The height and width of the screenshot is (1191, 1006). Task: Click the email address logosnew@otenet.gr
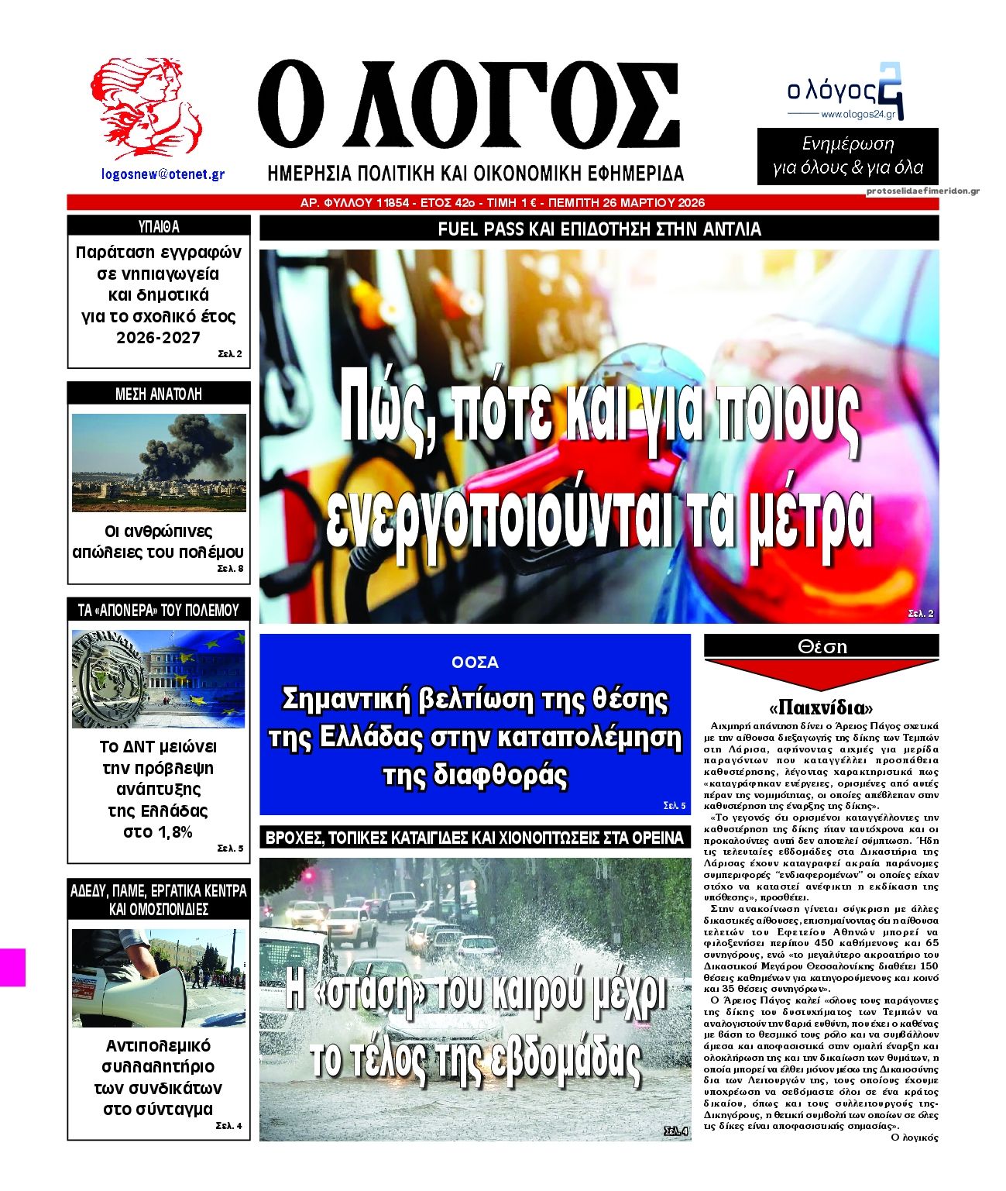coord(163,174)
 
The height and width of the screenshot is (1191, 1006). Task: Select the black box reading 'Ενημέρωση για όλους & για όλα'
coord(847,156)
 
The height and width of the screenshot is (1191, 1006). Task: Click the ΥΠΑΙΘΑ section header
coord(159,227)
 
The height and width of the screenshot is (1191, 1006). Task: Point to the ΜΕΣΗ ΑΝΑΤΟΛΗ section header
coord(159,394)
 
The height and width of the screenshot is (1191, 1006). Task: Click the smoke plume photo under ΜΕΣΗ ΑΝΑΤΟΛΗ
coord(159,462)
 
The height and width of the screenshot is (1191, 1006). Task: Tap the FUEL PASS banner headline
coord(599,229)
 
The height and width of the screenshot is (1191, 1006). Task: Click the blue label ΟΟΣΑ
coord(475,663)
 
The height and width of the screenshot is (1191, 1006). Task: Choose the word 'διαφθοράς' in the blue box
coord(475,774)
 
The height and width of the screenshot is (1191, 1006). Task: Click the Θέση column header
coord(821,646)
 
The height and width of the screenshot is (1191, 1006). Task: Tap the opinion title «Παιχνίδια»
coord(821,707)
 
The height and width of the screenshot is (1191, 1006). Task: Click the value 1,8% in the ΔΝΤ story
coord(158,832)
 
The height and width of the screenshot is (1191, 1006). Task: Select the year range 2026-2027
coord(158,338)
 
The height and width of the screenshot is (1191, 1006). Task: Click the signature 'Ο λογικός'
coord(914,1138)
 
